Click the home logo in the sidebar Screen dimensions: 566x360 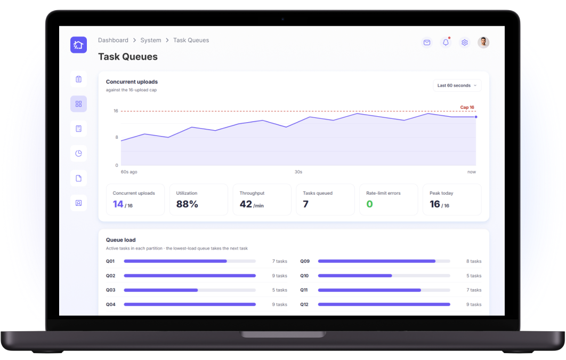78,45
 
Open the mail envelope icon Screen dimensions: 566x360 427,43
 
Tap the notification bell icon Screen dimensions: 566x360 446,42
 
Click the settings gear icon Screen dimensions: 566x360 465,43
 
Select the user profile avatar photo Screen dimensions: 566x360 483,43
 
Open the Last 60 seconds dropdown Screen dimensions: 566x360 457,85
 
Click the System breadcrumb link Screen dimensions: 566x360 150,40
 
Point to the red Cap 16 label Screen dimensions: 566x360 467,107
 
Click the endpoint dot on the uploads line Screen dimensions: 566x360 476,117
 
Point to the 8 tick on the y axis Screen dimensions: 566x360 117,137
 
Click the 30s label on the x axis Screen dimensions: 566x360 298,172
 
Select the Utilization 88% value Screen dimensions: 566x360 187,204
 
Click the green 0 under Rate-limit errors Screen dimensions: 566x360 369,204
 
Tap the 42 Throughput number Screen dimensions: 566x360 246,204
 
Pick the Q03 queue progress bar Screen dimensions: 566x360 190,290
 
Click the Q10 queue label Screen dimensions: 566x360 304,276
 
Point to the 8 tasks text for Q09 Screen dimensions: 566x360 474,261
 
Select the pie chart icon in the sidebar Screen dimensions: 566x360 78,154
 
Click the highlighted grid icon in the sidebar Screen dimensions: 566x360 78,104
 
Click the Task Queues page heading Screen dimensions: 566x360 128,57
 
